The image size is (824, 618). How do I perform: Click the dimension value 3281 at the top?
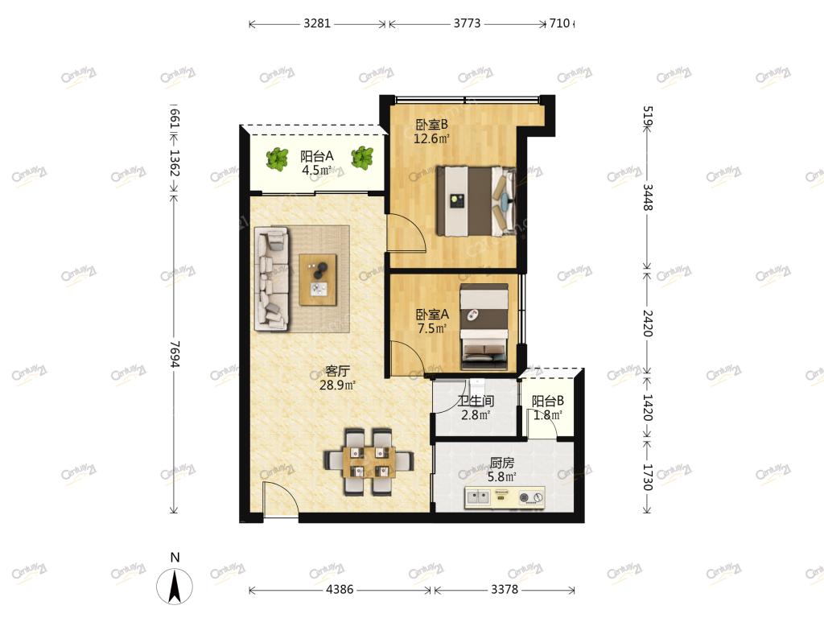click(x=317, y=23)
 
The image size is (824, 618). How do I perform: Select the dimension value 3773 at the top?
click(x=467, y=23)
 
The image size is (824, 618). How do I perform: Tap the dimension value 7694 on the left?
click(x=175, y=354)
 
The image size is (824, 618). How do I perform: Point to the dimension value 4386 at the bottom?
click(x=340, y=589)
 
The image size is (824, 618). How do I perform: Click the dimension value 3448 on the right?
click(x=648, y=197)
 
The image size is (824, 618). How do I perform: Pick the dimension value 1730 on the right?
click(x=648, y=476)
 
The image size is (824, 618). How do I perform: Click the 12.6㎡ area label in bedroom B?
click(x=431, y=139)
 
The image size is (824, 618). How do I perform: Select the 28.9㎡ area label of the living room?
click(x=337, y=385)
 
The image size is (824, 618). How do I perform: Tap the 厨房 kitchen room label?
click(x=502, y=463)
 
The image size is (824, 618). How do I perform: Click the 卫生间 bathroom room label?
click(x=476, y=401)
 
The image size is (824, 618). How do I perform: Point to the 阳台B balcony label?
click(x=547, y=401)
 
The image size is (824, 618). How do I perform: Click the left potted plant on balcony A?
click(x=277, y=159)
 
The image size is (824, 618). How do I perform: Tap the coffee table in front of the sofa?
click(x=318, y=279)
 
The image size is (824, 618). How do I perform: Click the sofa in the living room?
click(x=272, y=279)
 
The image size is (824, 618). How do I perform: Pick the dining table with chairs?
click(x=369, y=462)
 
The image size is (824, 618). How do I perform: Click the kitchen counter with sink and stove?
click(x=505, y=497)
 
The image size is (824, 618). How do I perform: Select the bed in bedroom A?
click(x=484, y=327)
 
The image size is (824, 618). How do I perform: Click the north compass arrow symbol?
click(x=175, y=585)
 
